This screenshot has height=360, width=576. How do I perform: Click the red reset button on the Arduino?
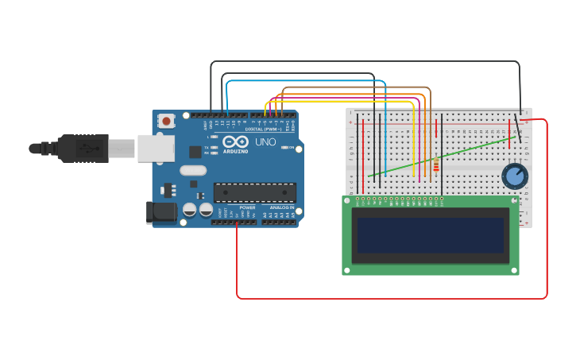(x=166, y=121)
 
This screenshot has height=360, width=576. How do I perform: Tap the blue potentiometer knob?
(x=515, y=176)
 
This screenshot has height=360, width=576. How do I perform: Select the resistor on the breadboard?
(x=435, y=165)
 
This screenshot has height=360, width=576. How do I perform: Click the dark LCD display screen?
(x=430, y=235)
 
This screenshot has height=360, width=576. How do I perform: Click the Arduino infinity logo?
(x=236, y=141)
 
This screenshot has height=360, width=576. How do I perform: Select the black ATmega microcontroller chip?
(x=254, y=192)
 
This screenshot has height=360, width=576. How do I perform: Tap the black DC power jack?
(x=161, y=212)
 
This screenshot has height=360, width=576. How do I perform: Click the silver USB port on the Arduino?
(x=155, y=148)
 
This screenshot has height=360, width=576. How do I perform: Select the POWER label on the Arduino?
(x=247, y=207)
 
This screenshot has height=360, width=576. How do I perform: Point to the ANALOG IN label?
(x=281, y=207)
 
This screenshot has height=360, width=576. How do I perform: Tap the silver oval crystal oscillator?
(x=193, y=170)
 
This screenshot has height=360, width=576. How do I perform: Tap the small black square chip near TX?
(x=195, y=151)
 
